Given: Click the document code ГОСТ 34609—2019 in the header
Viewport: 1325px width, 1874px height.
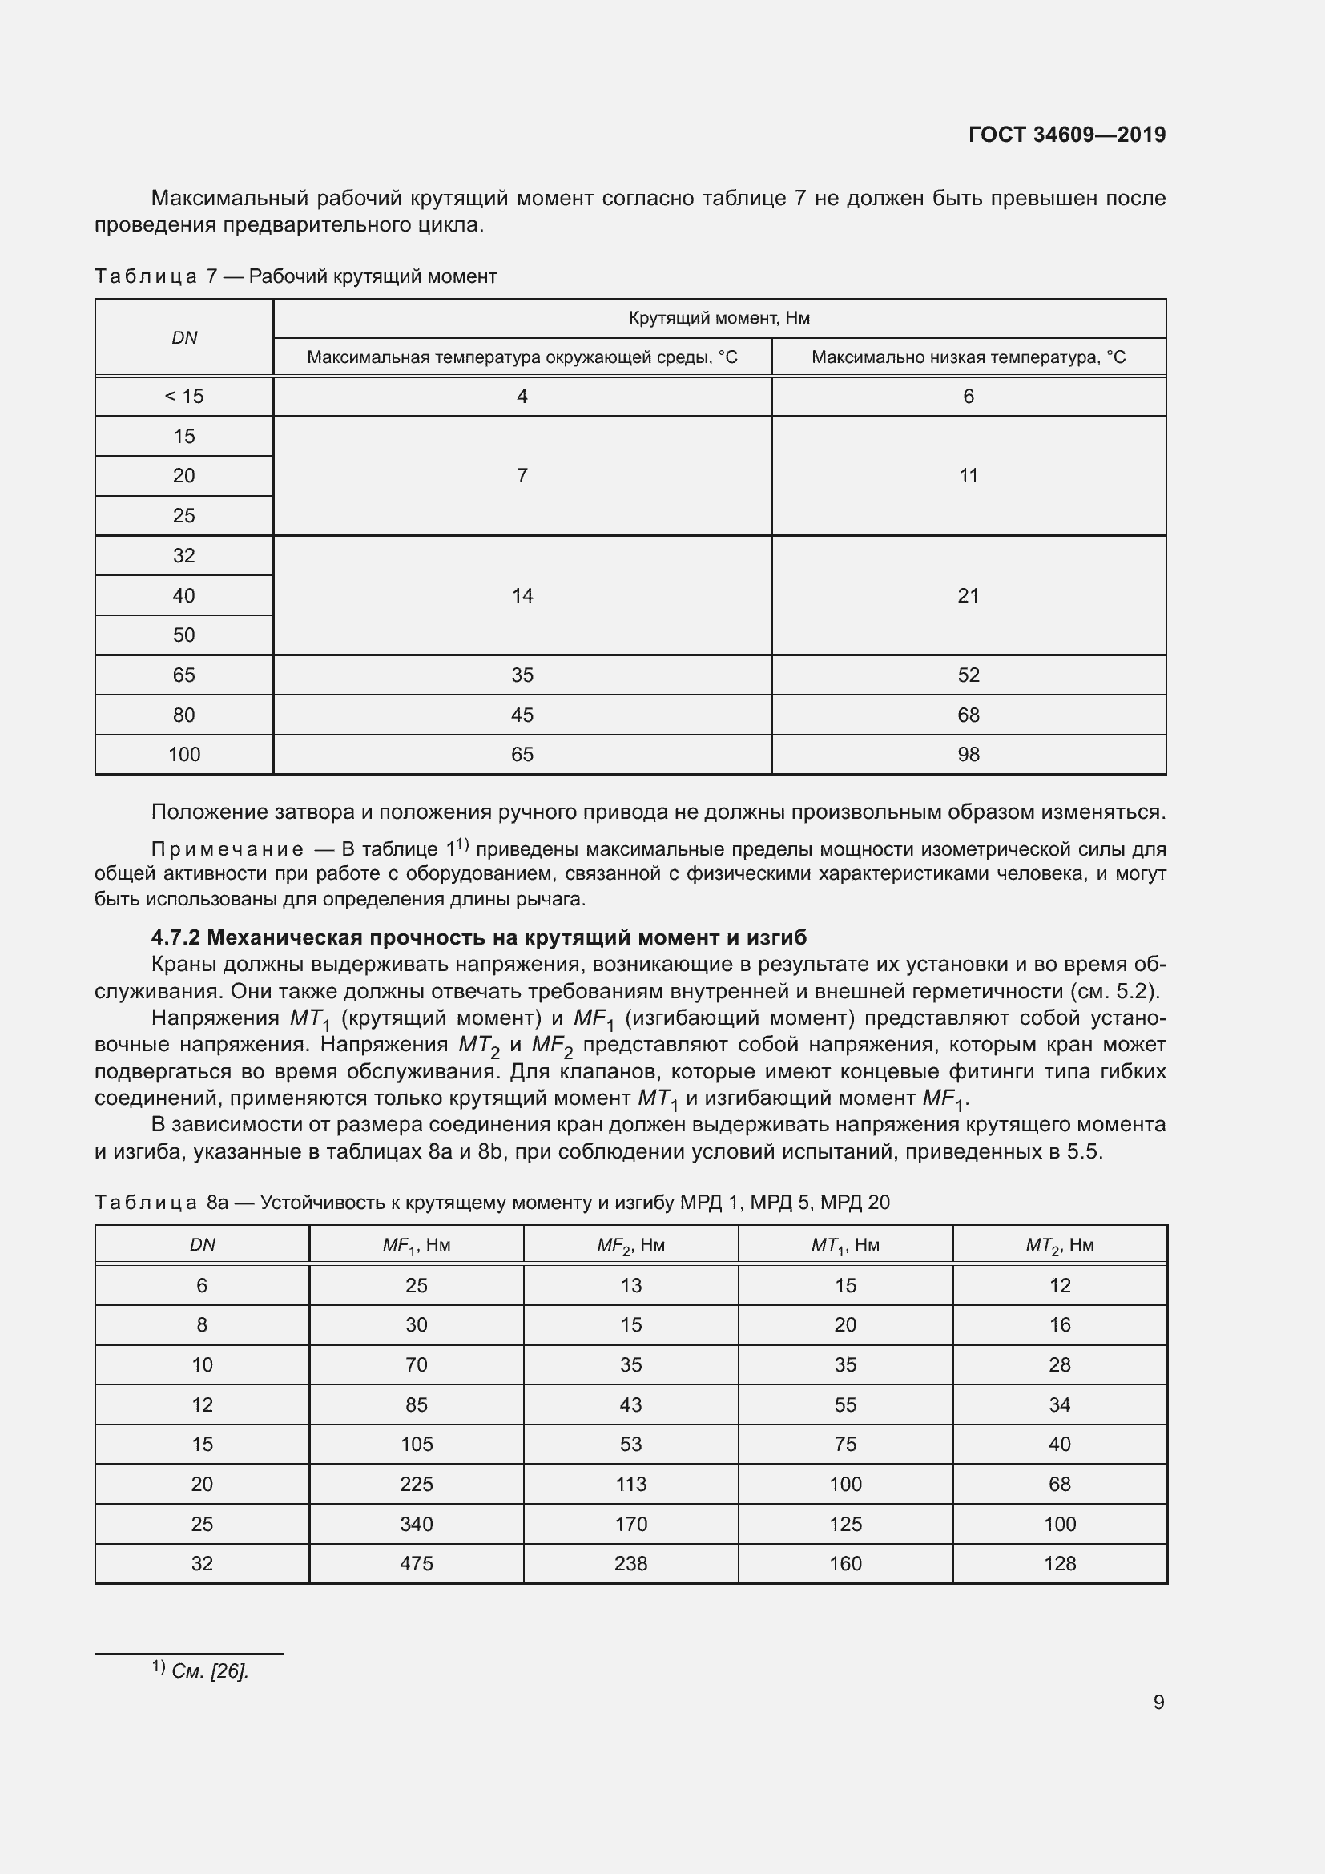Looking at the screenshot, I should (x=1066, y=135).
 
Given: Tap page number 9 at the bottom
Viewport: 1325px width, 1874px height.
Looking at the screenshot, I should (x=1158, y=1702).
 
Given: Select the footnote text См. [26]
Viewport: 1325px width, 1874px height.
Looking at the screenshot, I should (x=210, y=1670).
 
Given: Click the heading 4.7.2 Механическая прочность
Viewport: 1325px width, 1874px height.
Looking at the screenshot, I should (x=479, y=937).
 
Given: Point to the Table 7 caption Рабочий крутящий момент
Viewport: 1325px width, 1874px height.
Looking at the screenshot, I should (x=372, y=276).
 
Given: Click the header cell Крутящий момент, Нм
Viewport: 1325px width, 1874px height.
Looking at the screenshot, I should (x=719, y=318).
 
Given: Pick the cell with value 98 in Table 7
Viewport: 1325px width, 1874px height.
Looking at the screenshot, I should (x=969, y=754).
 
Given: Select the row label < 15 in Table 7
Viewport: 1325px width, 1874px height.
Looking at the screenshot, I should (x=183, y=397).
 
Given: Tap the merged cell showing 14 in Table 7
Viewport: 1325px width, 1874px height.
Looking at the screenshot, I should (x=522, y=596).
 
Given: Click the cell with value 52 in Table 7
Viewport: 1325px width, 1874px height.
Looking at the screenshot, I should (x=969, y=675).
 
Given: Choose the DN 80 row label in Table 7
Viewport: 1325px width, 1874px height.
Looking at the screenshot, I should (x=183, y=715).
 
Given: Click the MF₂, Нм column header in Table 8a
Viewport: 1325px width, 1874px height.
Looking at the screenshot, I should (x=630, y=1246).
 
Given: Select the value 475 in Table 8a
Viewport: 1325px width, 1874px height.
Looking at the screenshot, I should (x=416, y=1563).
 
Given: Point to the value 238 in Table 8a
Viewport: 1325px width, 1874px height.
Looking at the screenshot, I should (x=630, y=1563).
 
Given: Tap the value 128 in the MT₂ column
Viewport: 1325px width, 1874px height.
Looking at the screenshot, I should (x=1060, y=1563).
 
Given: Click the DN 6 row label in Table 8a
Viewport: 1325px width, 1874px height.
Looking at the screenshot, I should (x=202, y=1285).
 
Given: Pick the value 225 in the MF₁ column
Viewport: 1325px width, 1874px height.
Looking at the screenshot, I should (x=416, y=1484).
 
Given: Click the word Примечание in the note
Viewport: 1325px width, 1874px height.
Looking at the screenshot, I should (x=228, y=849).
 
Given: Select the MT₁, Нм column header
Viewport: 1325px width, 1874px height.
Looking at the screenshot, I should (x=845, y=1246).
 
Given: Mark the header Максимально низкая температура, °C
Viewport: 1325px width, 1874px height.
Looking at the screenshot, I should (x=969, y=357).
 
